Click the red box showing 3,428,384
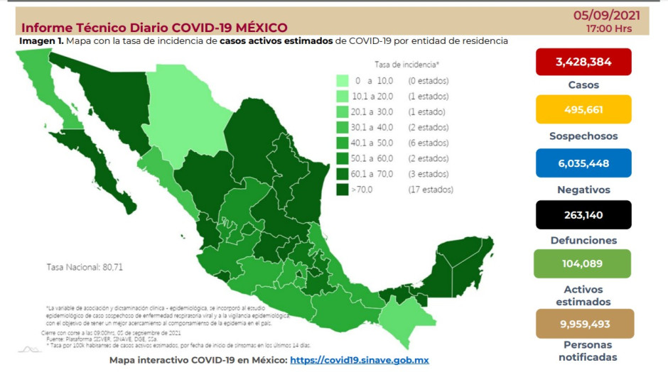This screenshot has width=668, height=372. [583, 62]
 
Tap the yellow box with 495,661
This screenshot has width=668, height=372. [583, 110]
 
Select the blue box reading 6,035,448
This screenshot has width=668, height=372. [583, 163]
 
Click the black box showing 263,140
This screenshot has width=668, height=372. [583, 214]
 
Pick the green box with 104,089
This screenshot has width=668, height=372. [583, 263]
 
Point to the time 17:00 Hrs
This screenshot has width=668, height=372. [608, 29]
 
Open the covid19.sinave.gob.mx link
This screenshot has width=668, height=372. [360, 360]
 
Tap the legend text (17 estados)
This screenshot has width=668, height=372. [430, 190]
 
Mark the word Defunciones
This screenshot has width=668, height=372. [583, 241]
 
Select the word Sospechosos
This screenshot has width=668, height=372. [583, 136]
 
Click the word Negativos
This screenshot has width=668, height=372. [583, 190]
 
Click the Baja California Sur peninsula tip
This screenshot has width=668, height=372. [128, 206]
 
